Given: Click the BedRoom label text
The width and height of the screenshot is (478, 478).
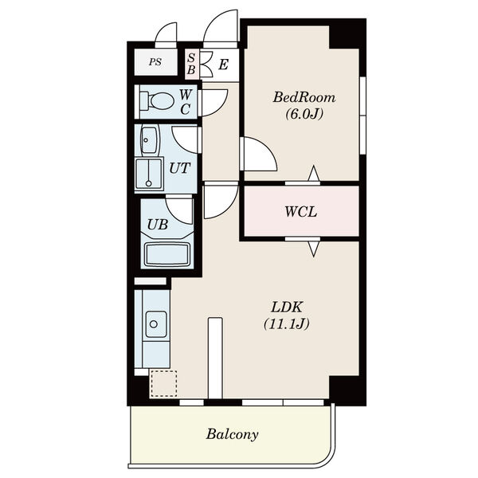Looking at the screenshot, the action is click(304, 97).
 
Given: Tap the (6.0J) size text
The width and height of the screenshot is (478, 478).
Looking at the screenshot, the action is click(304, 114).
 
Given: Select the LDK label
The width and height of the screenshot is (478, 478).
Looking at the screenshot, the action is click(287, 307).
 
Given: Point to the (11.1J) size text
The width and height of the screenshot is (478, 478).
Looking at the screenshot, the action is click(287, 323).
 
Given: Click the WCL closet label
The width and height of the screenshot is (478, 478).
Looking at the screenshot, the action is click(301, 212).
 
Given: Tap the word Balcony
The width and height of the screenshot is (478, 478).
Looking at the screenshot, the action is click(232, 434).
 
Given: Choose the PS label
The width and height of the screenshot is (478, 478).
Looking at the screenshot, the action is click(155, 62).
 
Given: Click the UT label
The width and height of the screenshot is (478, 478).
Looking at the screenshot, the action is click(179, 168).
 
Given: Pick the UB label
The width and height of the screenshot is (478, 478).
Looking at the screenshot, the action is click(157, 225).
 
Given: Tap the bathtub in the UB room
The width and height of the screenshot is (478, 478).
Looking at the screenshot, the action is click(167, 254).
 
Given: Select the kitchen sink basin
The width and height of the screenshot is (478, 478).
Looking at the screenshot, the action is click(156, 323).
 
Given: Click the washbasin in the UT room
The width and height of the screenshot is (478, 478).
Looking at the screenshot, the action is click(150, 140).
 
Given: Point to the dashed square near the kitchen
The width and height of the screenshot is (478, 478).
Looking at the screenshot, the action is click(163, 383).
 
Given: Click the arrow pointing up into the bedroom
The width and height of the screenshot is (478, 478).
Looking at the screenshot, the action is click(314, 174).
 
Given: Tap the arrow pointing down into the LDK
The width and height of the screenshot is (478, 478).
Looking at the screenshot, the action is click(314, 248).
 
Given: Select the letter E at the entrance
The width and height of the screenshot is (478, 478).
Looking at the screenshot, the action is click(223, 65).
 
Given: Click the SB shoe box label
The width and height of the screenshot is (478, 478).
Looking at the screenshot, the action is click(191, 64).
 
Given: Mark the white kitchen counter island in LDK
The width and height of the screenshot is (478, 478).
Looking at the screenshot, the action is click(215, 358).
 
